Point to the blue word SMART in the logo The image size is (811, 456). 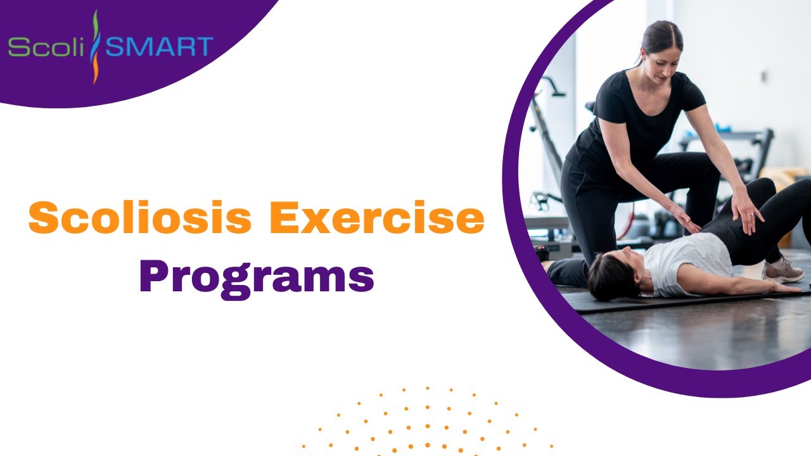click(159, 47)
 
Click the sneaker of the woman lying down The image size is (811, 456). click(783, 270)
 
